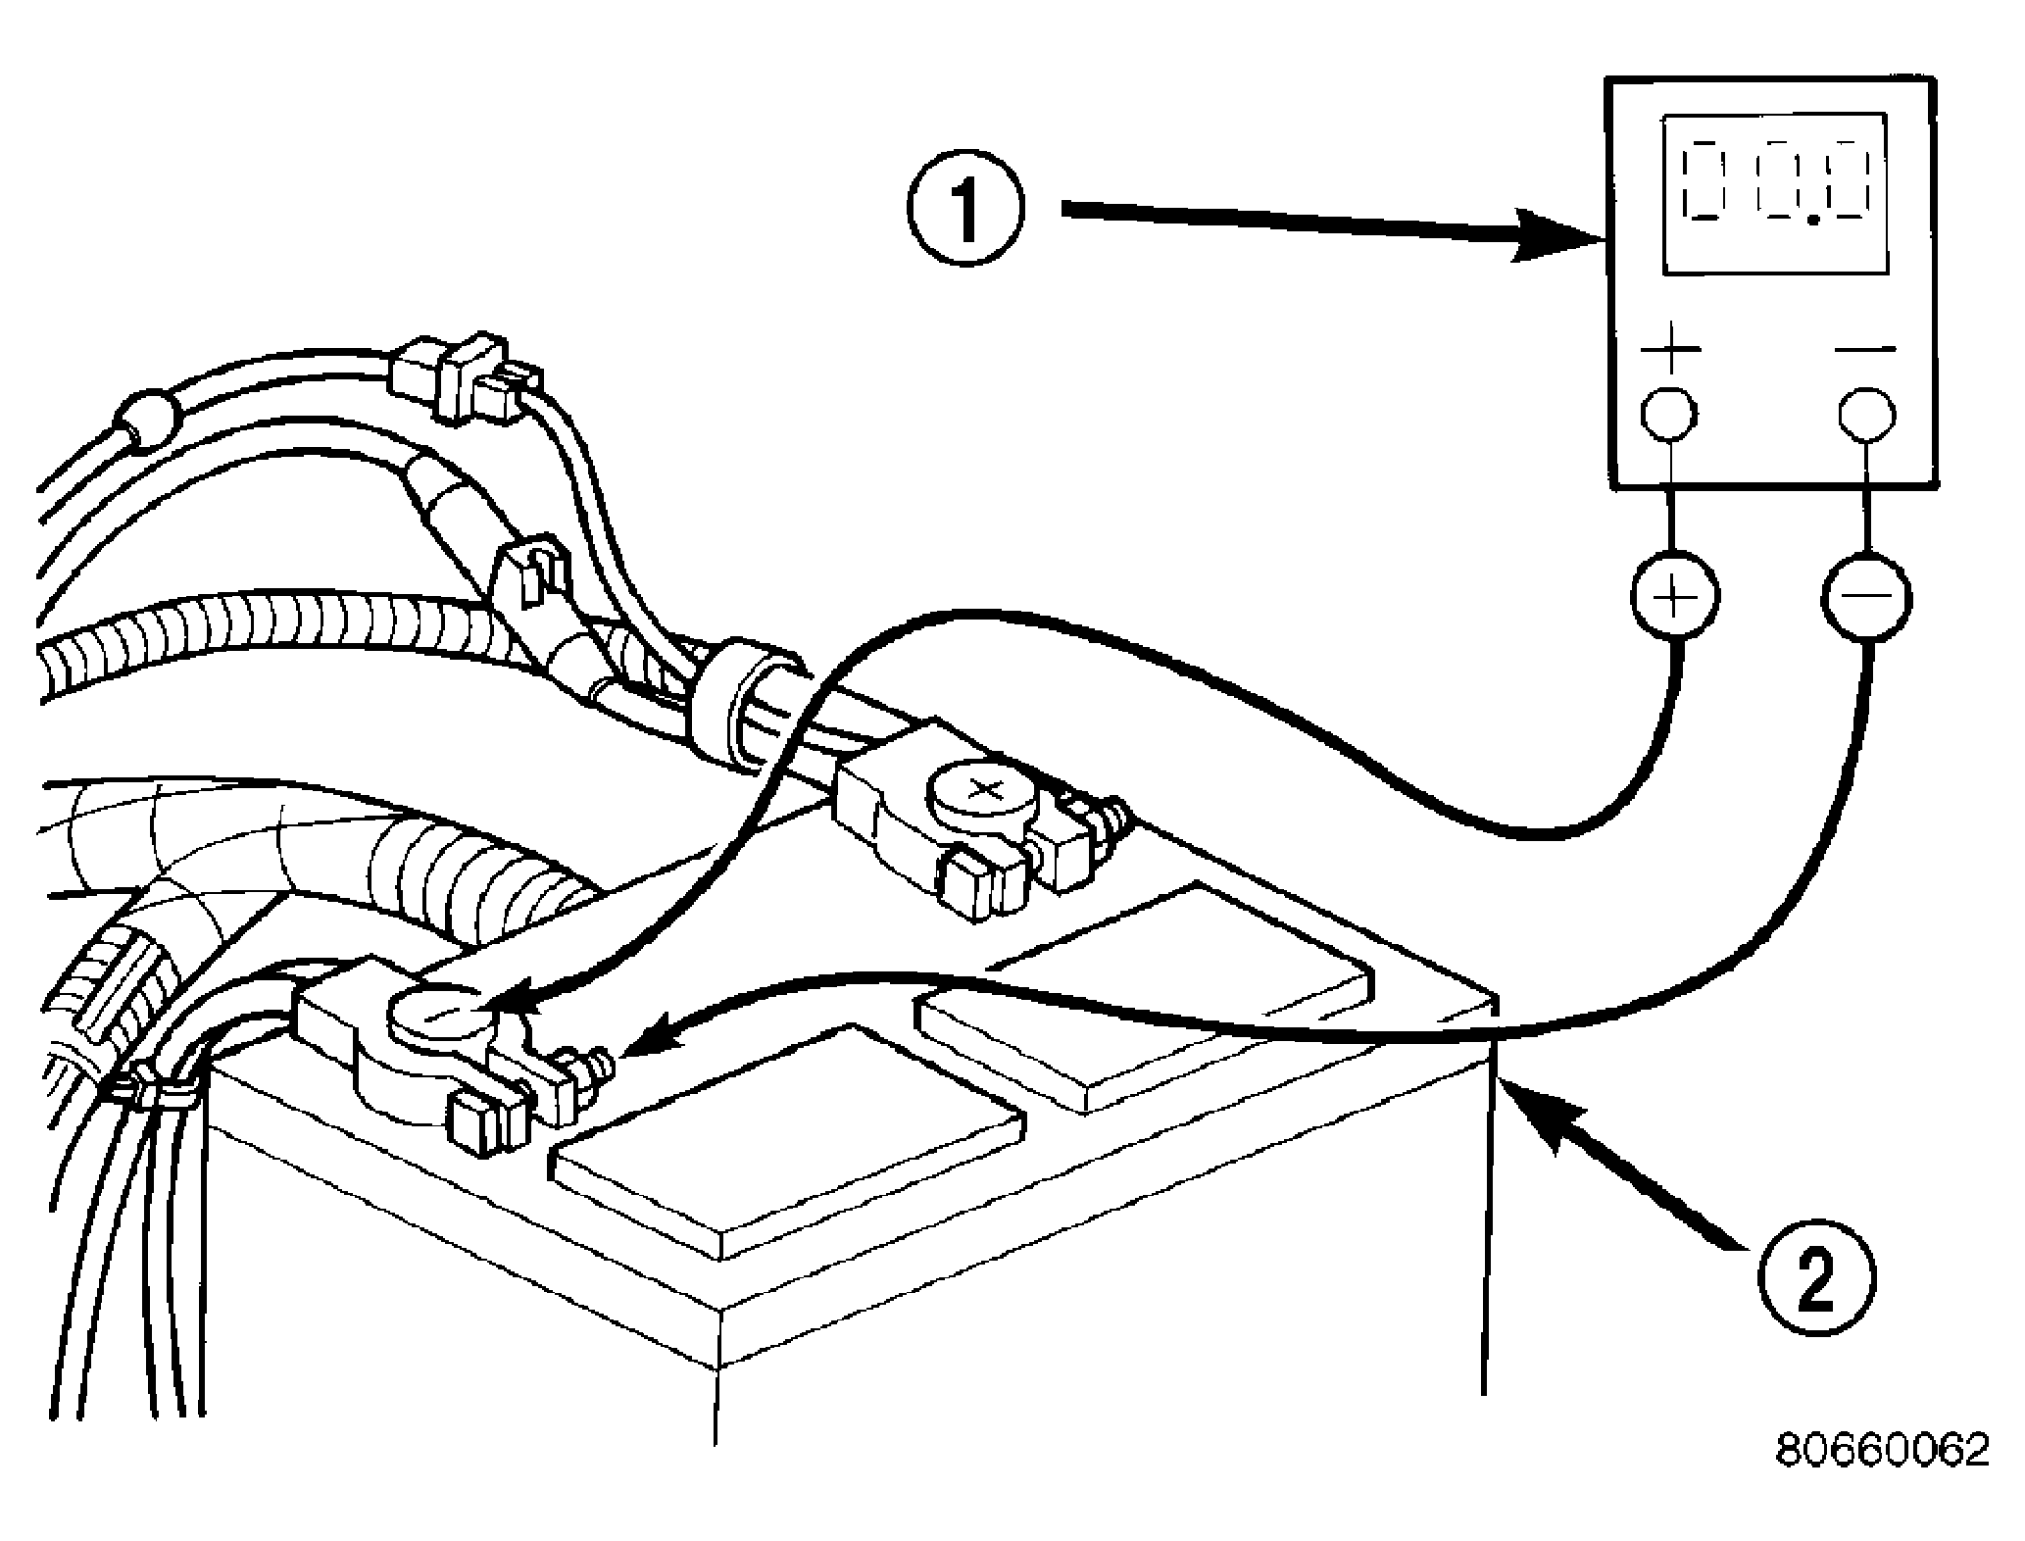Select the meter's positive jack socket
point(1669,415)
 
